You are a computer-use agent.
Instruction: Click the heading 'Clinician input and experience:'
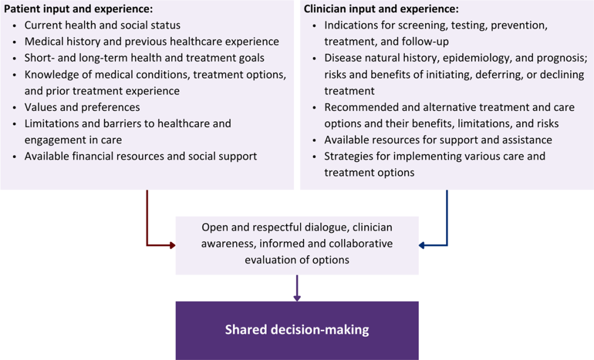pyautogui.click(x=381, y=9)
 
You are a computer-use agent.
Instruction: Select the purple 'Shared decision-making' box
pyautogui.click(x=297, y=330)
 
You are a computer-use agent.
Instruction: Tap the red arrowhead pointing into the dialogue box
pyautogui.click(x=172, y=245)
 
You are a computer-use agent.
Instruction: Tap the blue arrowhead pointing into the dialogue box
pyautogui.click(x=423, y=245)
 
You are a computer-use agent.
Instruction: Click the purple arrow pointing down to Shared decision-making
pyautogui.click(x=297, y=289)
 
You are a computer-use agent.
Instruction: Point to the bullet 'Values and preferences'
pyautogui.click(x=82, y=107)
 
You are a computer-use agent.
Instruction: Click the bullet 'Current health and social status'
pyautogui.click(x=102, y=26)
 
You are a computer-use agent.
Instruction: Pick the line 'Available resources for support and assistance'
pyautogui.click(x=438, y=140)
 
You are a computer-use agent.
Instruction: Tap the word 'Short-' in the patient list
pyautogui.click(x=38, y=58)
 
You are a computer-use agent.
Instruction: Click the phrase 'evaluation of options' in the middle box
pyautogui.click(x=297, y=260)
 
